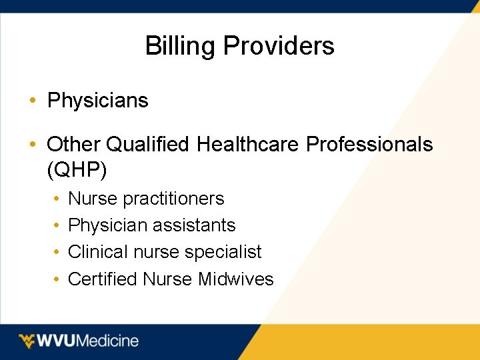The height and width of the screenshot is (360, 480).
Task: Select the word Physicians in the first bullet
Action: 98,101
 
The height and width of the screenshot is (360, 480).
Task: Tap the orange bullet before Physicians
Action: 32,101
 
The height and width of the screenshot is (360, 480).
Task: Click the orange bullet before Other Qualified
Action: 32,145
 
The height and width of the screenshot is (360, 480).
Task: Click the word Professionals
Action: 369,144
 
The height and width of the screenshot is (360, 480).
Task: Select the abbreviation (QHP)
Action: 77,171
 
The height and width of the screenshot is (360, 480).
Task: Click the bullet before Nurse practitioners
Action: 57,199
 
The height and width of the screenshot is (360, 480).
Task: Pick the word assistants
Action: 195,225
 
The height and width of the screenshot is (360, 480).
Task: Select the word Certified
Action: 103,279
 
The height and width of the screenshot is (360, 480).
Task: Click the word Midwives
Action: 236,279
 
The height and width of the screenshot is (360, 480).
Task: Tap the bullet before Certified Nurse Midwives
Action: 57,279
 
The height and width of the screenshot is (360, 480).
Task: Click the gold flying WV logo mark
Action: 27,341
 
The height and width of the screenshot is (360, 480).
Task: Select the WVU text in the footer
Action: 57,341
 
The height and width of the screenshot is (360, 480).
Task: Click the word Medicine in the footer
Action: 108,341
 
